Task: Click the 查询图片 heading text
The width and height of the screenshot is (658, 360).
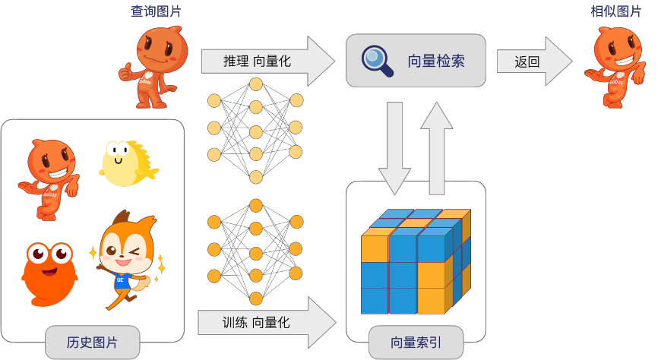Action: point(156,11)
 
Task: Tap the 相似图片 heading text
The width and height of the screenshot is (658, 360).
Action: point(615,11)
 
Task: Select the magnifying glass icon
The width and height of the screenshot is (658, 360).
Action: point(376,61)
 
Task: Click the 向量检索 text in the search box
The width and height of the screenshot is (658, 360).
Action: point(435,61)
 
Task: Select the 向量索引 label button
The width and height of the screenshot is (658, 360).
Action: point(415,342)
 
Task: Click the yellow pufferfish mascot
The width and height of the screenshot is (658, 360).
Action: point(126,163)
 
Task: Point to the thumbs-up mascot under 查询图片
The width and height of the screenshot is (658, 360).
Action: point(154,67)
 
